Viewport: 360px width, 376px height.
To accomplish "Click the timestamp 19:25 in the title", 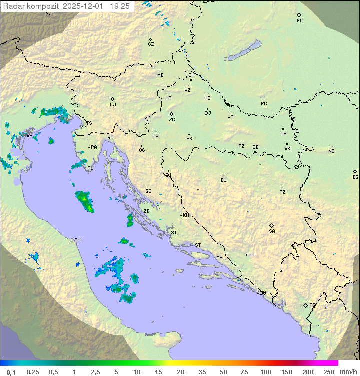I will tap(120, 6).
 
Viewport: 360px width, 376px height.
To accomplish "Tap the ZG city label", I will tap(172, 120).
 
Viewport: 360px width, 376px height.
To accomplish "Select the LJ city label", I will tap(113, 105).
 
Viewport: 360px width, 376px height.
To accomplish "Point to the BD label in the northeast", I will tap(299, 21).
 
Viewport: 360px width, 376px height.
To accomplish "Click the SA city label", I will tap(272, 231).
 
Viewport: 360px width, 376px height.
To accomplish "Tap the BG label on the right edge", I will tap(355, 177).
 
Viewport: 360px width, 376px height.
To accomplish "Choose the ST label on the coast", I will tap(198, 245).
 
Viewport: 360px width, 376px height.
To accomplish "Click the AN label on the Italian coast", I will tap(77, 240).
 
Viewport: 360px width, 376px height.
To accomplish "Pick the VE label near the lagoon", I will tap(29, 135).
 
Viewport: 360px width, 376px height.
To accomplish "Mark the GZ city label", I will tap(151, 44).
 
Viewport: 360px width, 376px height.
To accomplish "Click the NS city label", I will tap(331, 151).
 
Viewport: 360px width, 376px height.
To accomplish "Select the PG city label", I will tap(312, 305).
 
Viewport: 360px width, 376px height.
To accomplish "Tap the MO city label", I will tap(251, 255).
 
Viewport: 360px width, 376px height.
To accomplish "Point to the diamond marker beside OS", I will tap(283, 128).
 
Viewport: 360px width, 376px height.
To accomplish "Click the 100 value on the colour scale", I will tap(265, 372).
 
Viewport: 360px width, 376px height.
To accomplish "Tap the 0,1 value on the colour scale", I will tap(11, 372).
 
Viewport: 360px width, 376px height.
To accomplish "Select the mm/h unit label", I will tap(346, 372).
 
